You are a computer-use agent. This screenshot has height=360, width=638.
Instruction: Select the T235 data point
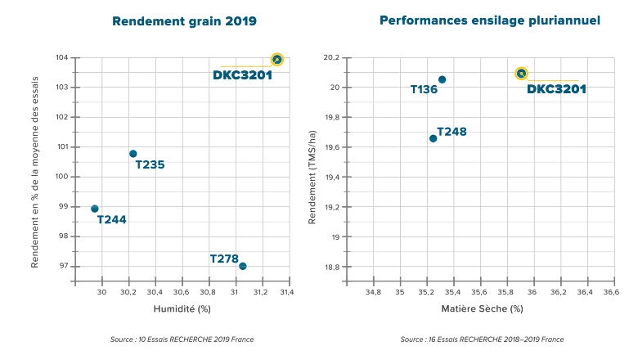tap(133, 154)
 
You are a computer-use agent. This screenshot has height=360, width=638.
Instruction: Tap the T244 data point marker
tap(95, 209)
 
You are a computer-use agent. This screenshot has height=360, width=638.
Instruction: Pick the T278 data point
tap(242, 266)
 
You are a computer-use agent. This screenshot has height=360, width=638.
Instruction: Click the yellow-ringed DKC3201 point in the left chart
tap(276, 60)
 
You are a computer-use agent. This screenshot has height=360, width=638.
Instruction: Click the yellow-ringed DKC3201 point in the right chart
tap(521, 74)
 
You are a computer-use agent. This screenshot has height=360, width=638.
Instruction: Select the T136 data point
tap(442, 79)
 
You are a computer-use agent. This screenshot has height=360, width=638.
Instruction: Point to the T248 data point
tap(433, 138)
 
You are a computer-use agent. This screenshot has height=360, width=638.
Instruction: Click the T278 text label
tap(223, 259)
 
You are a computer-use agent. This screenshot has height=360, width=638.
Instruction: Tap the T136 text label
tap(424, 89)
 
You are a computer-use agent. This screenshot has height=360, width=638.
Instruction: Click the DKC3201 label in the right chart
tap(556, 89)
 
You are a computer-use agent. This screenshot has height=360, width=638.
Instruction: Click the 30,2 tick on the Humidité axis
tap(129, 292)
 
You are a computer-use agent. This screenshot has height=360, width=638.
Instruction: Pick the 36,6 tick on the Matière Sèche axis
tap(612, 292)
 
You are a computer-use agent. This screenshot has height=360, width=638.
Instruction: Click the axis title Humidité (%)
tap(182, 309)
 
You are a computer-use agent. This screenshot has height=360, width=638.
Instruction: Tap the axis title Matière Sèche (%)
tap(482, 309)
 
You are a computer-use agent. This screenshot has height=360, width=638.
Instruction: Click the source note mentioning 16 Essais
tap(482, 340)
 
